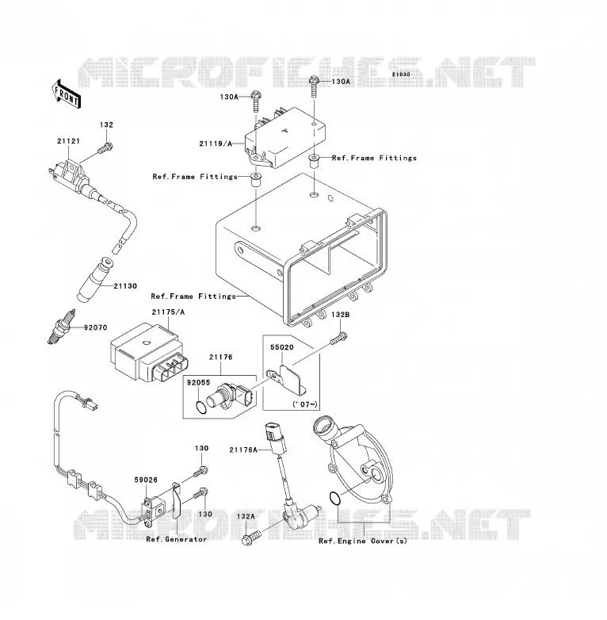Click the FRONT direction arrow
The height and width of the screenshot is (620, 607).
point(66,94)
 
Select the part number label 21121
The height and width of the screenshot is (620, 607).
point(68,141)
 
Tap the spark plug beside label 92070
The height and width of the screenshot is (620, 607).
point(61,327)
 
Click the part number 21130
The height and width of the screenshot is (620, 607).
point(125,286)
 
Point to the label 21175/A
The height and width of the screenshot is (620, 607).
point(168,312)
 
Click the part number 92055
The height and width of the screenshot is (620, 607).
point(198,382)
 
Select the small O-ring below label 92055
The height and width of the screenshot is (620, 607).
point(201,408)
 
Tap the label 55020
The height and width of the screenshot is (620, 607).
point(282,347)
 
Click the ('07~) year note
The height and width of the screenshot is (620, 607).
point(304,404)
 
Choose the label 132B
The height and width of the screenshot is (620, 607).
point(340,315)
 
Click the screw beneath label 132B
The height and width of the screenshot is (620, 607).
point(338,339)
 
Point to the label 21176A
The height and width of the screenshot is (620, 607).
point(243,450)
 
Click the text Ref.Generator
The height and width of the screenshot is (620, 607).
point(176,539)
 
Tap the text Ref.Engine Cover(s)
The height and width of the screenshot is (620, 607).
point(363,541)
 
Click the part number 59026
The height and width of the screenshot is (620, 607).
point(146,480)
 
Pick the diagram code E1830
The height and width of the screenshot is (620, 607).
point(401,75)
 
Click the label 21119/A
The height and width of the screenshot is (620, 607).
point(216,144)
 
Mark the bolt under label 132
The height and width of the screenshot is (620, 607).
point(105,149)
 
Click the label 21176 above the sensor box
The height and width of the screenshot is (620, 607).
point(220,357)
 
